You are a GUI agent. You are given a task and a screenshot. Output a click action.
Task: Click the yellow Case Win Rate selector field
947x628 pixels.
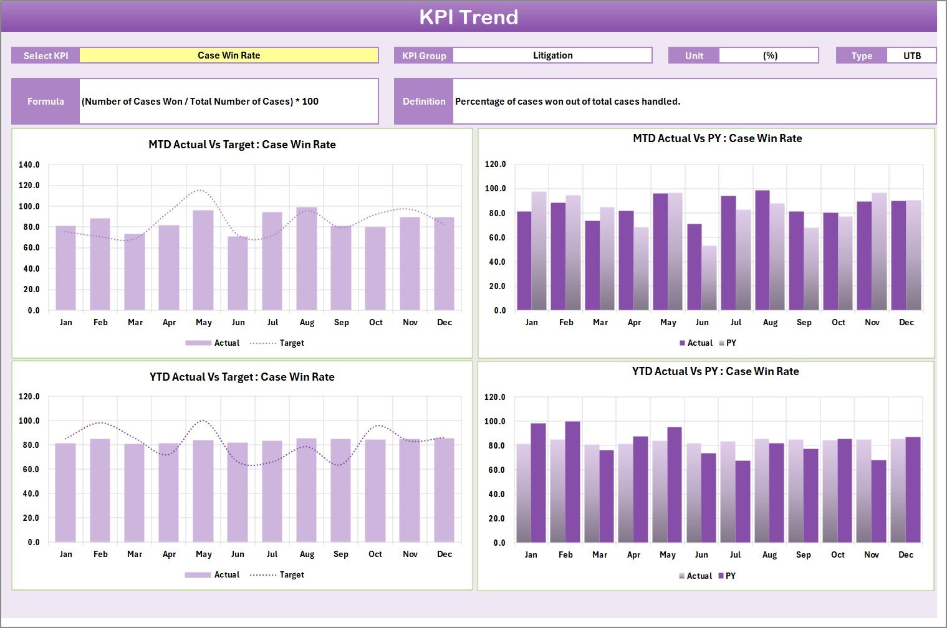[229, 55]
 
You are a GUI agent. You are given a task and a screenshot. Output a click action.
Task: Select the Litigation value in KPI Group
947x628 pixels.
[552, 55]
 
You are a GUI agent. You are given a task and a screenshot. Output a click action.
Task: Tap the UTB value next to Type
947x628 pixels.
[911, 55]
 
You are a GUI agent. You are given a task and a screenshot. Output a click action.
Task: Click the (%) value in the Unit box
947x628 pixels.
[769, 55]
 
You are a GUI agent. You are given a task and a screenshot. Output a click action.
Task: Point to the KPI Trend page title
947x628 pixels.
[469, 17]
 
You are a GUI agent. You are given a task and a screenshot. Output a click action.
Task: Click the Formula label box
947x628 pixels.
[46, 101]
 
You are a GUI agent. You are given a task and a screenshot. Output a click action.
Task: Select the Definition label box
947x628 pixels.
[424, 101]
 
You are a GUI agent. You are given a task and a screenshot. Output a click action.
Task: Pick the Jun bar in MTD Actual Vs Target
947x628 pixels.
[238, 274]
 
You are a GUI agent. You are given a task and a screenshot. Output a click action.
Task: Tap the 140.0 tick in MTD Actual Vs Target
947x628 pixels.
[29, 165]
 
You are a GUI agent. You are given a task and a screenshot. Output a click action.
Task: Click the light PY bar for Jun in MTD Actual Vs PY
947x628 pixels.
[709, 278]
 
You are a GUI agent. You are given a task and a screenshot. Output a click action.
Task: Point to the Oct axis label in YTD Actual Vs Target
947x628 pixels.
[375, 554]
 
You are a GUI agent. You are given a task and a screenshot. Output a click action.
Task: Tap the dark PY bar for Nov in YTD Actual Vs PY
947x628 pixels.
[878, 501]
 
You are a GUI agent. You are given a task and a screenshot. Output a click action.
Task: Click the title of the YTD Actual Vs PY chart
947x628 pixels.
[715, 371]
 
